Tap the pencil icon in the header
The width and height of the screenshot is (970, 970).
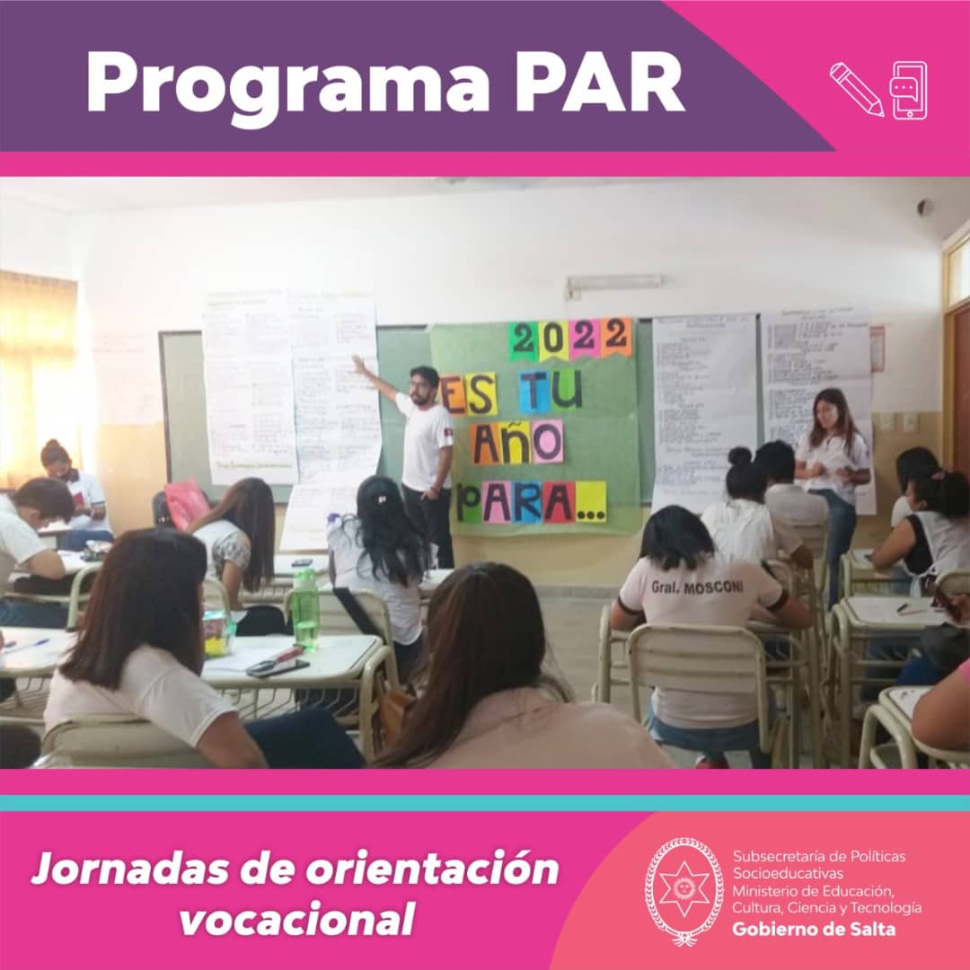[855, 88]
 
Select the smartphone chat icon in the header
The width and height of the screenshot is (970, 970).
[908, 90]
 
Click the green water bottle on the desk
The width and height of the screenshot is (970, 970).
[305, 609]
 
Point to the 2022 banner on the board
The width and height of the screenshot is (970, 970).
[570, 339]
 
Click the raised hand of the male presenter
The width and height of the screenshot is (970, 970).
[358, 363]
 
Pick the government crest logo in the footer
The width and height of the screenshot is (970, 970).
[684, 891]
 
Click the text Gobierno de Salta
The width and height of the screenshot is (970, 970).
[814, 930]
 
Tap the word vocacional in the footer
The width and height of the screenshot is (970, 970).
[297, 919]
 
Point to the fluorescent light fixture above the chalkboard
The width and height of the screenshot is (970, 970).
[614, 285]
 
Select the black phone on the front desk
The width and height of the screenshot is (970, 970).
[278, 666]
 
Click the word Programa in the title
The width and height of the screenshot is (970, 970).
[287, 84]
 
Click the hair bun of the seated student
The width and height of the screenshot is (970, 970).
[740, 456]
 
